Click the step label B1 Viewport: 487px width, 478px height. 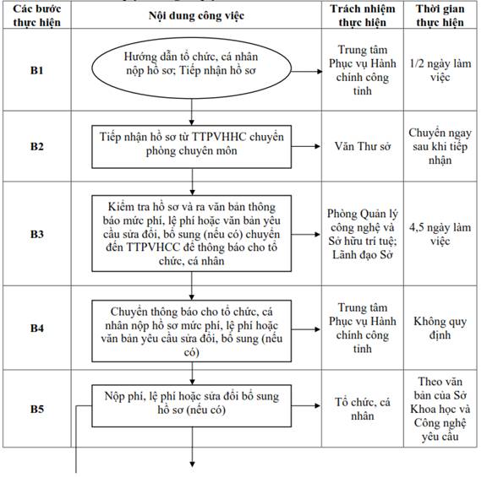click(x=36, y=70)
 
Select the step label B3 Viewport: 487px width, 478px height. click(x=36, y=234)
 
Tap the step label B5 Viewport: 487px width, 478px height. click(x=36, y=409)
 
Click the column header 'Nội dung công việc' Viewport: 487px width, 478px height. click(x=196, y=16)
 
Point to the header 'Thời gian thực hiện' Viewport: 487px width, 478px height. click(x=440, y=15)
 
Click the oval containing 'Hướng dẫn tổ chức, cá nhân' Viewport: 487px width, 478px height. click(x=192, y=68)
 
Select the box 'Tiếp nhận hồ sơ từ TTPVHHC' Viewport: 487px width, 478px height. click(x=192, y=147)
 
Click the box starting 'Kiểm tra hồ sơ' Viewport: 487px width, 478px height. click(x=192, y=234)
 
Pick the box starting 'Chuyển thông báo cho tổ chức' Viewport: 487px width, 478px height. click(x=192, y=331)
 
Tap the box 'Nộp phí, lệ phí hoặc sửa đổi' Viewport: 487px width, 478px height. click(x=192, y=406)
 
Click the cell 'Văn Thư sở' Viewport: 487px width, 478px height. click(x=363, y=146)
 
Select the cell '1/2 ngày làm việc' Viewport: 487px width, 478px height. click(x=440, y=70)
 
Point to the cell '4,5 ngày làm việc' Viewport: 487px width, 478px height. click(x=440, y=234)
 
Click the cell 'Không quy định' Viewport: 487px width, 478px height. click(x=440, y=328)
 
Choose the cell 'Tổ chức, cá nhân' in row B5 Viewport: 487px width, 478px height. click(x=363, y=409)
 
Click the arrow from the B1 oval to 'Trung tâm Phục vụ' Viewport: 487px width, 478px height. click(x=307, y=71)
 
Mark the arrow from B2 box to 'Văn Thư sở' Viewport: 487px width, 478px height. click(x=305, y=146)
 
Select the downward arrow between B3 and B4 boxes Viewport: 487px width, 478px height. click(x=192, y=285)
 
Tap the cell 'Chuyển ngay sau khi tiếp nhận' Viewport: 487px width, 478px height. click(x=440, y=146)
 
